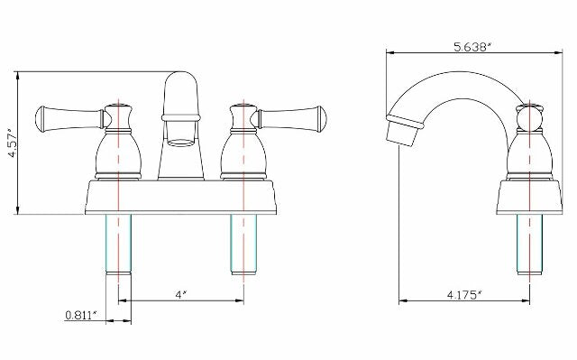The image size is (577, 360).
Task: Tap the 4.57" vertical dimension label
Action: pos(11,143)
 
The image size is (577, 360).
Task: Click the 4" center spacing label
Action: pos(180,295)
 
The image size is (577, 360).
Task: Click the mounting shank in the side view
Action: pos(529,244)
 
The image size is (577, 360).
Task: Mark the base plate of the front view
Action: pos(180,198)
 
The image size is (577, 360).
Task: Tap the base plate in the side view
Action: pos(529,198)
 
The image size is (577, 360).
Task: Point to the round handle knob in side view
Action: pos(529,118)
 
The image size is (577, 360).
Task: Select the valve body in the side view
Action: pos(529,153)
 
